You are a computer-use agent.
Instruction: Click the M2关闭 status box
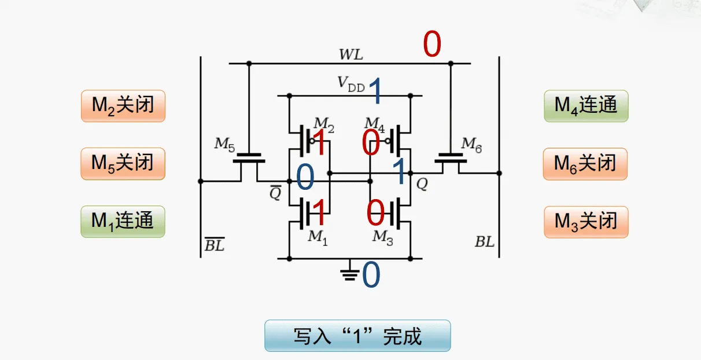coord(123,105)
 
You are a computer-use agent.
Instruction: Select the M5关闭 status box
coord(123,163)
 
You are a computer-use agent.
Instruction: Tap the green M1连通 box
coord(123,221)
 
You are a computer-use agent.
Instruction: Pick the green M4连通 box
coord(586,105)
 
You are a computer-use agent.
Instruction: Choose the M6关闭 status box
coord(585,163)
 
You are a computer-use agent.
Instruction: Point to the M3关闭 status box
coord(586,221)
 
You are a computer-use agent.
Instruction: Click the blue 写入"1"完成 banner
coord(357,336)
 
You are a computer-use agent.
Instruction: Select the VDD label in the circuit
coord(351,85)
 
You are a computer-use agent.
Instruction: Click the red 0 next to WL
coord(432,45)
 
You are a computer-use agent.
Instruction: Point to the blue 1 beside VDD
coord(376,91)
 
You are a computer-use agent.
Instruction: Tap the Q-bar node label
coord(275,193)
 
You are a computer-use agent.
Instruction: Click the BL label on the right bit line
coord(485,242)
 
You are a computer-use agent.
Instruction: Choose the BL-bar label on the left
coord(214,245)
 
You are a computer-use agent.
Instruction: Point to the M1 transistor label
coord(318,237)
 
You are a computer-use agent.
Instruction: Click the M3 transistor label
coord(382,237)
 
